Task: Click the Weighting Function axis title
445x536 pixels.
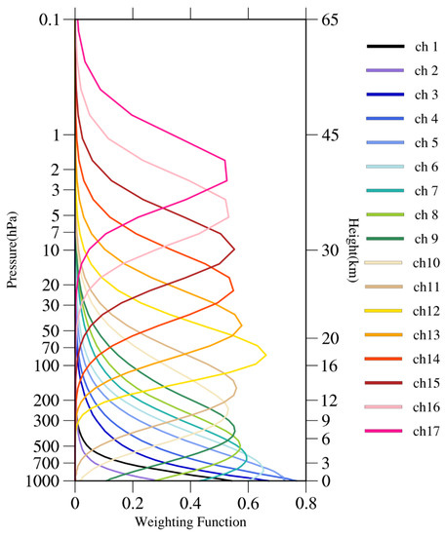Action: [x=190, y=521]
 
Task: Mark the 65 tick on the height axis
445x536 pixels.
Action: [x=327, y=19]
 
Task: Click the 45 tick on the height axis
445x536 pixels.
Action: [x=327, y=134]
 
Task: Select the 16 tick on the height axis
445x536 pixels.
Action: [x=327, y=365]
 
